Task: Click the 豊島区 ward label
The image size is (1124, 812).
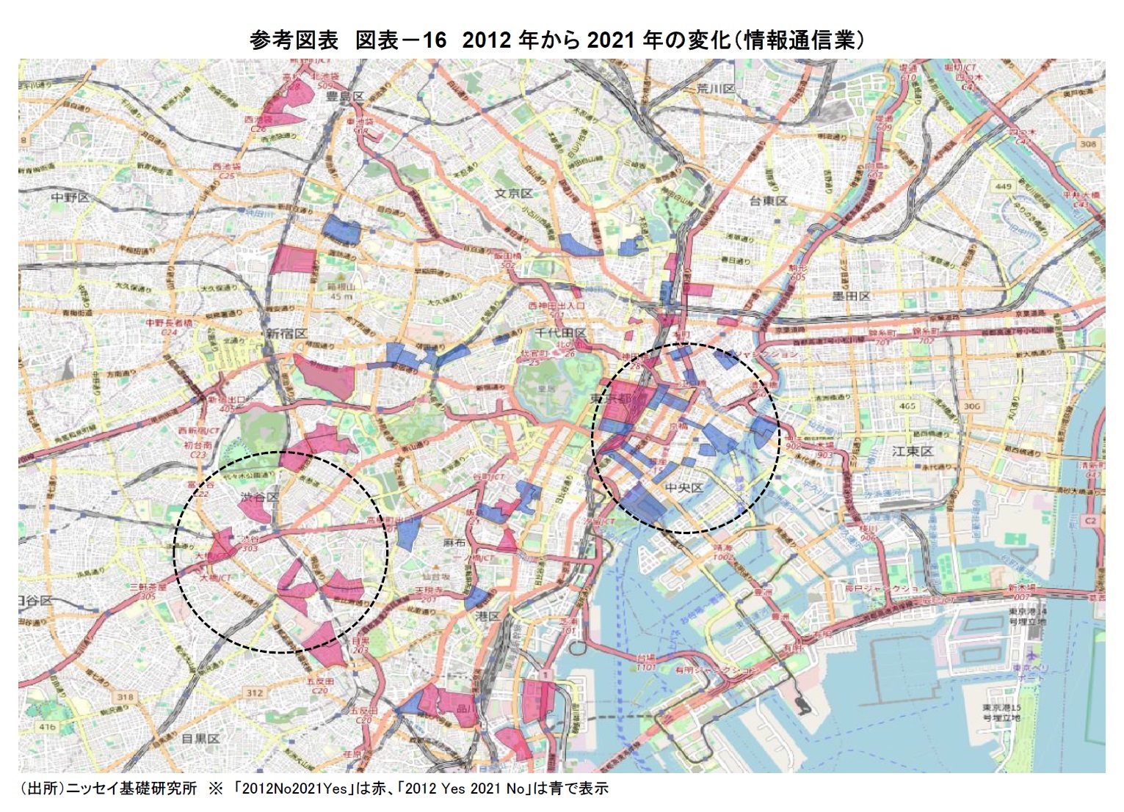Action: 346,96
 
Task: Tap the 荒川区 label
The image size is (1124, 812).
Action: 716,89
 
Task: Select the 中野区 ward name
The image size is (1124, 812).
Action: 70,198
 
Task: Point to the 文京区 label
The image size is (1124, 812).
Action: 514,194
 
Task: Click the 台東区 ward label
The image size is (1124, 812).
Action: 769,201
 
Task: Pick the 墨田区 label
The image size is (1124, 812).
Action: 852,296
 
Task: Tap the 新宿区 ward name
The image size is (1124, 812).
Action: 287,334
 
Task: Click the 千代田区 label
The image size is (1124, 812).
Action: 561,332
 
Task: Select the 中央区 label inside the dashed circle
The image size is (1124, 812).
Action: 684,487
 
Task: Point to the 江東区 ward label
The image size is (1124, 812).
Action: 913,451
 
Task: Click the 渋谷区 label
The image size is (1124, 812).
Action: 260,497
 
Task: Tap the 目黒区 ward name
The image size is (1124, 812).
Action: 200,739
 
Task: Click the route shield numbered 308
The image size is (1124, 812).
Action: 1087,144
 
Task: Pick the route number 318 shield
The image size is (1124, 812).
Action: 126,697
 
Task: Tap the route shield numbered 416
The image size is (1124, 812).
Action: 47,727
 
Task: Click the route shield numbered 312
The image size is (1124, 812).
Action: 254,692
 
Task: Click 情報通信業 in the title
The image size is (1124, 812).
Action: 803,40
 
